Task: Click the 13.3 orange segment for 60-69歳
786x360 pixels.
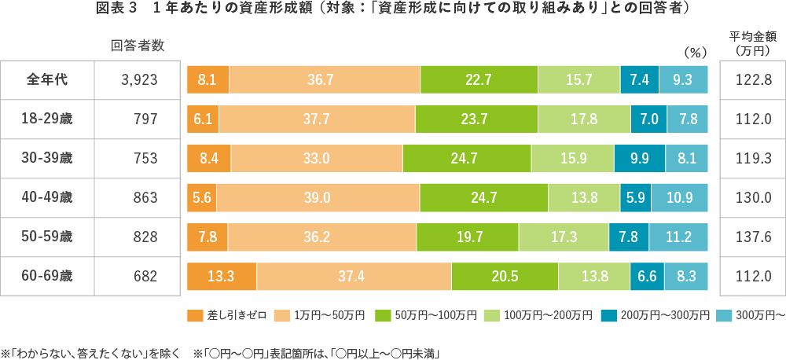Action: (222, 277)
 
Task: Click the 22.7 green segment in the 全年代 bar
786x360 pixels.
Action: (479, 80)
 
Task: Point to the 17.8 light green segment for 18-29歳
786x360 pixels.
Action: (584, 119)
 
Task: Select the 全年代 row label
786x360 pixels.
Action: (47, 79)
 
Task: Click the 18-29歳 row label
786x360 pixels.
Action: (47, 119)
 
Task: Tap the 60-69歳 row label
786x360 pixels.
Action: (47, 276)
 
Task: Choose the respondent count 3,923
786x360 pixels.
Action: (140, 79)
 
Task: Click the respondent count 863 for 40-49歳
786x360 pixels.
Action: (145, 197)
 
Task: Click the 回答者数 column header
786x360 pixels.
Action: (138, 45)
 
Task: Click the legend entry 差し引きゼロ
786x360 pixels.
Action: (225, 316)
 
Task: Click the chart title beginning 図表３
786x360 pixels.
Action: (393, 10)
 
